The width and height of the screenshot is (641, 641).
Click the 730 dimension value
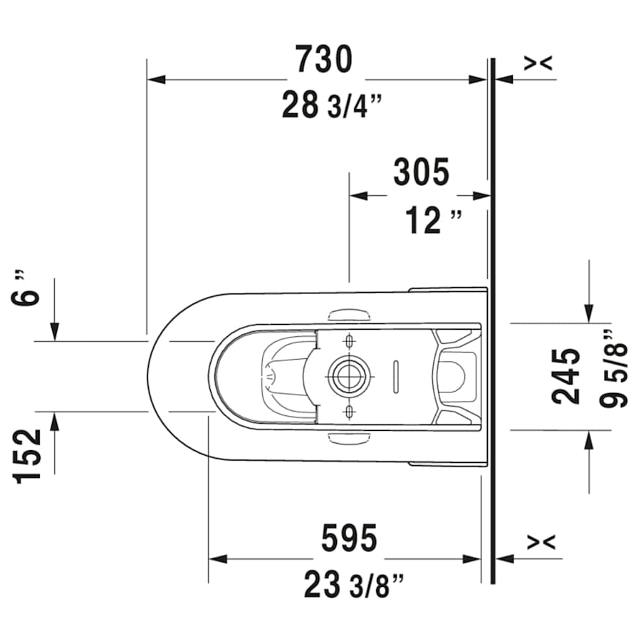(323, 60)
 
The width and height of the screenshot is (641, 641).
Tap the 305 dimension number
(422, 172)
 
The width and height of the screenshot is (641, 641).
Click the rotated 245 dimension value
(568, 376)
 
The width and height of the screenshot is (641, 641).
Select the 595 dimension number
(348, 538)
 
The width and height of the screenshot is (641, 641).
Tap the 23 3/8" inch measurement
(354, 586)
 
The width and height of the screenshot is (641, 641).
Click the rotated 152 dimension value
(29, 457)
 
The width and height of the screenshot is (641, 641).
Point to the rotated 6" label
(29, 288)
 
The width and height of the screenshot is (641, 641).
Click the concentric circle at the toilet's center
(348, 372)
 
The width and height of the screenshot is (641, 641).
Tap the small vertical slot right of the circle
(396, 372)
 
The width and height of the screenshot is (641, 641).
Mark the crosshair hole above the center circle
(348, 338)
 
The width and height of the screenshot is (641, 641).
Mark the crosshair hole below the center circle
(348, 410)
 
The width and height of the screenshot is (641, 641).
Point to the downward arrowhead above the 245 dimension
(589, 313)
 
